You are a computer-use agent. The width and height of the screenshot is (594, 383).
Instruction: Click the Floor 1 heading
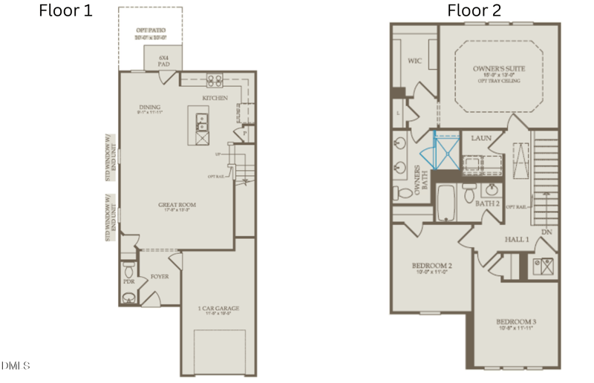pos(65,10)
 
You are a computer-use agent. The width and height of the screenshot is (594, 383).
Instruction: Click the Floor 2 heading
pos(474,10)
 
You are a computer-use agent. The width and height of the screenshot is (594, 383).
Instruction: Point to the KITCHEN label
pos(215,98)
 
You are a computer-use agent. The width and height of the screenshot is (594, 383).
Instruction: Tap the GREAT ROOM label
pos(176,206)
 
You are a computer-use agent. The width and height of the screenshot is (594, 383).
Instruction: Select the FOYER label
pos(160,276)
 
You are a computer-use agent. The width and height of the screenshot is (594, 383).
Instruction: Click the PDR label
pos(128,282)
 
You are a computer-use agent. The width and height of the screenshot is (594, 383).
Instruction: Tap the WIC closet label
pos(414,61)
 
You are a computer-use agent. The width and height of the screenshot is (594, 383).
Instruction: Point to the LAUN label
pos(482,138)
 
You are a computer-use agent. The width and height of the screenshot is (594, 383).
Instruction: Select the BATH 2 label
pos(486,203)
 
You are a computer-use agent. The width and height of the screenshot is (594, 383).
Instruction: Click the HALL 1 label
pos(518,239)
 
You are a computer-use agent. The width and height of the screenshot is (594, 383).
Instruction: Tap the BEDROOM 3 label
pos(516,322)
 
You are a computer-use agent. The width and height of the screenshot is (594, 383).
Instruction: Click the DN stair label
pos(547,232)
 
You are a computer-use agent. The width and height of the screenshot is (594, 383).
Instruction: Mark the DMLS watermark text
pos(16,365)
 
